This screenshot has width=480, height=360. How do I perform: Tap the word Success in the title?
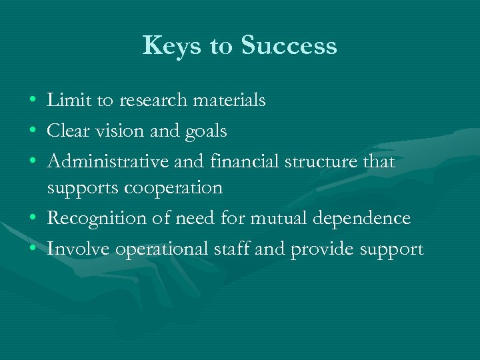click(x=289, y=46)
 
